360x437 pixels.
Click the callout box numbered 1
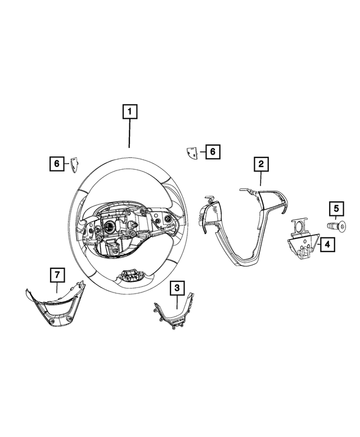(130, 112)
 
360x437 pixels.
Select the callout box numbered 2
(261, 164)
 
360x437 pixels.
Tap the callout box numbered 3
(178, 287)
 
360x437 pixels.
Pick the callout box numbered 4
(327, 245)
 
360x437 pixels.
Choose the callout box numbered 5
(336, 208)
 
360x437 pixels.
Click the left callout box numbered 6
(57, 163)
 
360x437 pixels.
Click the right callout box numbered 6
(213, 152)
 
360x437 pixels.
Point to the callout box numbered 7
(57, 275)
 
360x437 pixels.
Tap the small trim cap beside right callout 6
(192, 152)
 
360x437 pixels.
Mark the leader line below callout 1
(129, 133)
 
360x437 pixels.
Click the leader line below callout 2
(261, 178)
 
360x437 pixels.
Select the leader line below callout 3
(178, 301)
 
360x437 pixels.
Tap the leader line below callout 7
(57, 287)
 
